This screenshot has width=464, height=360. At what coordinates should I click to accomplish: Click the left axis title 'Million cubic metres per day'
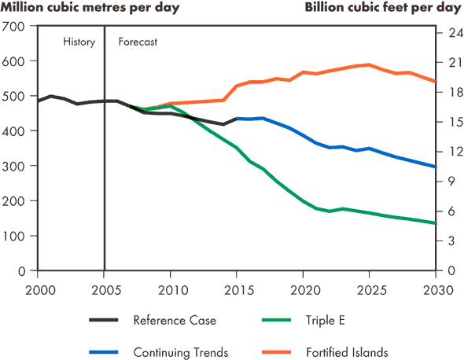pyautogui.click(x=90, y=8)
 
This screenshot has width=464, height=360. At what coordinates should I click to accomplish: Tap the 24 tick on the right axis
pyautogui.click(x=447, y=33)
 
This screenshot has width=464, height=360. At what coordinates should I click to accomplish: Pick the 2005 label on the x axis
pyautogui.click(x=104, y=291)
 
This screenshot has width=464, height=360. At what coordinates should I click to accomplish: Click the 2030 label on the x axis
pyautogui.click(x=435, y=291)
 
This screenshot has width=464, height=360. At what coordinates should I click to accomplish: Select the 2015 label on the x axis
pyautogui.click(x=237, y=291)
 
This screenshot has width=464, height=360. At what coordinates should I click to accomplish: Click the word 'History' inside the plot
pyautogui.click(x=79, y=42)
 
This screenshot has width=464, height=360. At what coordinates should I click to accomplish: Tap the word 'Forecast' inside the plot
pyautogui.click(x=138, y=42)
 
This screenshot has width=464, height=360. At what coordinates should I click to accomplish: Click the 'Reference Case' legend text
pyautogui.click(x=174, y=320)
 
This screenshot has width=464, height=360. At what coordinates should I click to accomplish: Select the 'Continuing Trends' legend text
pyautogui.click(x=180, y=353)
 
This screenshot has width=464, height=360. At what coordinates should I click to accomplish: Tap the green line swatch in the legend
pyautogui.click(x=277, y=320)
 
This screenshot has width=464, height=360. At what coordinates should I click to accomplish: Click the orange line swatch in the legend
pyautogui.click(x=277, y=353)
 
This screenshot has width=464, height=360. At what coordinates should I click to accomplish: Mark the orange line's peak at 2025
pyautogui.click(x=369, y=64)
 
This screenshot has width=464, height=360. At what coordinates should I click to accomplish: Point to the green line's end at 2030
pyautogui.click(x=436, y=223)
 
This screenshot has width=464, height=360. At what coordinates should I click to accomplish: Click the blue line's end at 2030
pyautogui.click(x=436, y=167)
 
